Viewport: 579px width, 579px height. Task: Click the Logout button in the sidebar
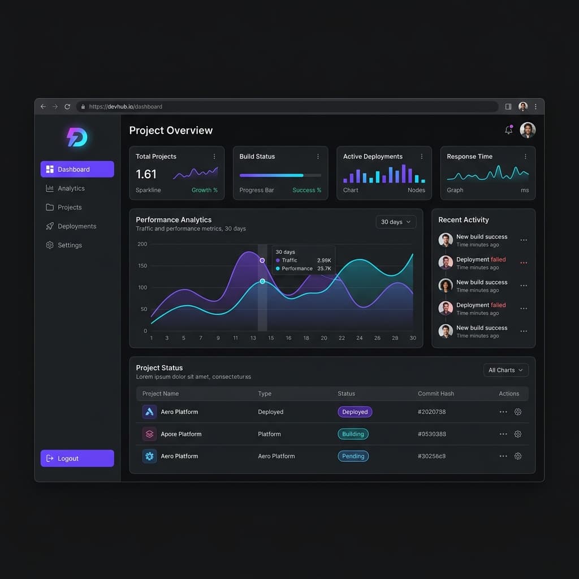point(77,458)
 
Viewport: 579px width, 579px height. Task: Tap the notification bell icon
point(508,130)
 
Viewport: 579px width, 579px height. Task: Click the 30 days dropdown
point(396,222)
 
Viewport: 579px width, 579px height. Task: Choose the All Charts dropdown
point(506,370)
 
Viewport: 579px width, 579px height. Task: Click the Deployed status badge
point(355,412)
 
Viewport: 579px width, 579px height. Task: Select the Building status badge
point(353,434)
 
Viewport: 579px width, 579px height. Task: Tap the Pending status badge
point(353,456)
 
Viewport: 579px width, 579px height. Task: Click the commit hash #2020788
point(431,412)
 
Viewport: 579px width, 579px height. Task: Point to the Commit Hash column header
point(436,394)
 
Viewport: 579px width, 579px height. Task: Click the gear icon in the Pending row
point(518,456)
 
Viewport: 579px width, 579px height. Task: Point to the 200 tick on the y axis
point(142,244)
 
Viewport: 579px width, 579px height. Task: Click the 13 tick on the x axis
point(253,338)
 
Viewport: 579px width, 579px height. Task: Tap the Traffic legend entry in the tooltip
point(287,260)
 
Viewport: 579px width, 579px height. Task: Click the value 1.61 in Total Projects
point(146,174)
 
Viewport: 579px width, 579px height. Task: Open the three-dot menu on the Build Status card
point(318,157)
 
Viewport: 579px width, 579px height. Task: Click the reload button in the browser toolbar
point(67,107)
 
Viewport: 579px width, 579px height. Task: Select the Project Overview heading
point(171,131)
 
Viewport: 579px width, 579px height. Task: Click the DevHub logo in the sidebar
point(77,137)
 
